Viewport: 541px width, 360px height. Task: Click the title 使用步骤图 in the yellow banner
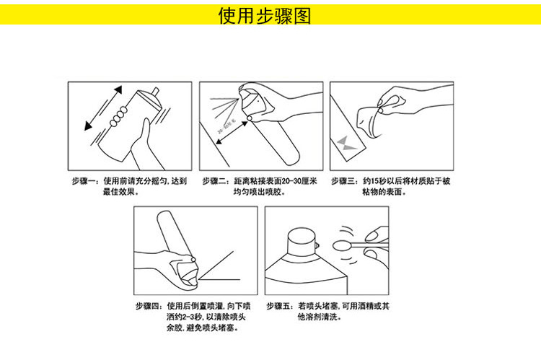(265, 16)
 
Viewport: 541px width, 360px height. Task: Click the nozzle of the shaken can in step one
(156, 91)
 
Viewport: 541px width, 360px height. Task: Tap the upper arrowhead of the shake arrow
(118, 89)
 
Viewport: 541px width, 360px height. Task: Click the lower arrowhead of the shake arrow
(88, 126)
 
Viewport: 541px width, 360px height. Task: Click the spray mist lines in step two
(224, 107)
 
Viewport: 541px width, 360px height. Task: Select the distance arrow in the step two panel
(232, 133)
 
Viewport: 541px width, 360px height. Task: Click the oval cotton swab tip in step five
(342, 245)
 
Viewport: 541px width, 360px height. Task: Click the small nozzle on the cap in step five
(317, 246)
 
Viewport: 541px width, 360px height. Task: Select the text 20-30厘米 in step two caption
(299, 181)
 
